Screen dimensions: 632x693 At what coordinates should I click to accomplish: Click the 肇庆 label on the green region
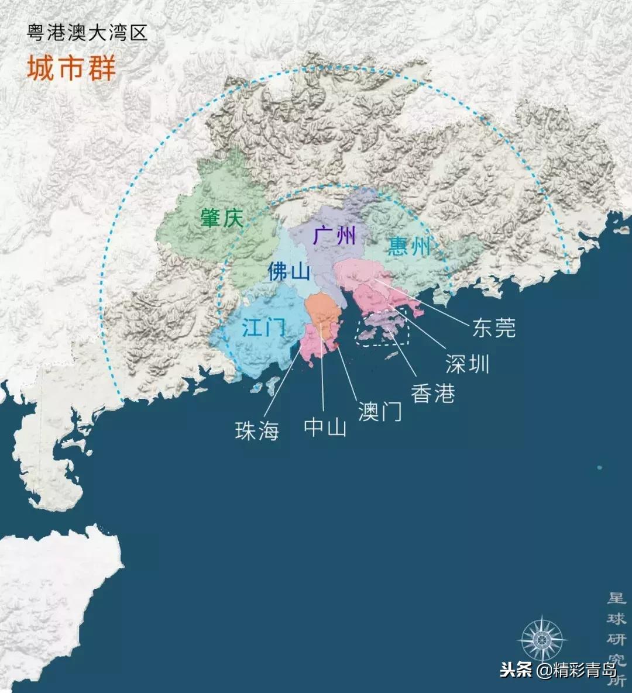[221, 219]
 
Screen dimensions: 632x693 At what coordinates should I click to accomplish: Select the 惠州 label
[409, 246]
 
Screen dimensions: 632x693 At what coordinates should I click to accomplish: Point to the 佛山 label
[288, 271]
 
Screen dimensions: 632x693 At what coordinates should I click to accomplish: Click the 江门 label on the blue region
[265, 327]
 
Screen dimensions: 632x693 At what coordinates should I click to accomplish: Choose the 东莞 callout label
[494, 328]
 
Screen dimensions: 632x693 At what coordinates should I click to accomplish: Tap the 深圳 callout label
[467, 364]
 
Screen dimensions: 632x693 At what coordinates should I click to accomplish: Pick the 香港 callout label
[433, 393]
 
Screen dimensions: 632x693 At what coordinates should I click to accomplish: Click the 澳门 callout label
[380, 412]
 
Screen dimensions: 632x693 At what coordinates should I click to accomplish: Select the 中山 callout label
[325, 427]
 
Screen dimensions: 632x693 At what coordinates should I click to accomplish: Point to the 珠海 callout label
[257, 431]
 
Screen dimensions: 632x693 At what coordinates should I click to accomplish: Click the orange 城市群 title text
[71, 68]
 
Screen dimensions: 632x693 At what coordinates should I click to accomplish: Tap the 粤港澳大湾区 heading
[87, 33]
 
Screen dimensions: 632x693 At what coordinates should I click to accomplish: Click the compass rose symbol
[542, 639]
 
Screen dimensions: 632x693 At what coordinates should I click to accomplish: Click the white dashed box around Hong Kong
[383, 329]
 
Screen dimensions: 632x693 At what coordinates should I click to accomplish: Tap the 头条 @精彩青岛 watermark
[558, 670]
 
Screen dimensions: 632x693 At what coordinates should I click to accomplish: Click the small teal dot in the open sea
[599, 467]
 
